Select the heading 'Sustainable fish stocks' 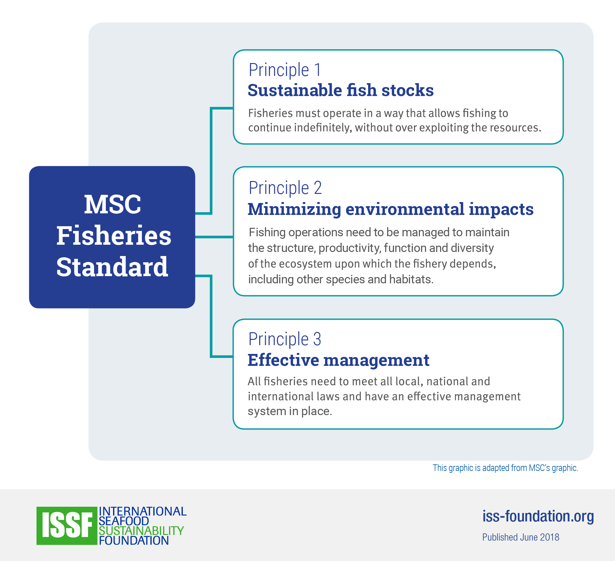pyautogui.click(x=340, y=90)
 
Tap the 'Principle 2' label pyautogui.click(x=285, y=188)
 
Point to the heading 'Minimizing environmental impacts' pyautogui.click(x=390, y=209)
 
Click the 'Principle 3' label pyautogui.click(x=285, y=339)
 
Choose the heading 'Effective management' pyautogui.click(x=338, y=360)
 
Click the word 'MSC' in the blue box pyautogui.click(x=112, y=204)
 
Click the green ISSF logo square pyautogui.click(x=67, y=526)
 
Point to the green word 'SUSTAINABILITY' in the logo pyautogui.click(x=141, y=531)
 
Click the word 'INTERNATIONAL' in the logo pyautogui.click(x=143, y=511)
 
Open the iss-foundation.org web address pyautogui.click(x=538, y=516)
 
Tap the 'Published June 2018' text pyautogui.click(x=521, y=537)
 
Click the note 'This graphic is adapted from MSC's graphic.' pyautogui.click(x=505, y=468)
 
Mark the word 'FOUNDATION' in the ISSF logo pyautogui.click(x=134, y=541)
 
